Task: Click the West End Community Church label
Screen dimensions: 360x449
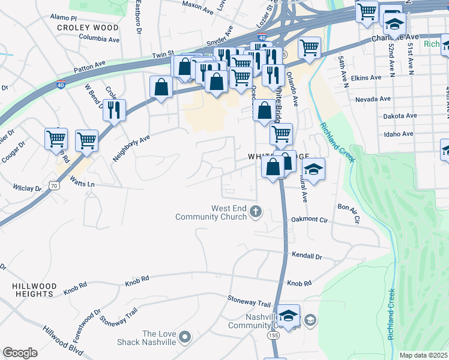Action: point(211,212)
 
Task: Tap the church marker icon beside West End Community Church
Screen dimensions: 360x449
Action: point(256,211)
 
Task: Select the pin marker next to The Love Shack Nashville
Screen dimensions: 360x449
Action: point(185,337)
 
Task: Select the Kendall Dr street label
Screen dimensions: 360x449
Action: point(307,256)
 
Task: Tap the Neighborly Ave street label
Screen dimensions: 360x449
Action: point(131,148)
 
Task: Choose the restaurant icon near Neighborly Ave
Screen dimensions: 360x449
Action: point(114,110)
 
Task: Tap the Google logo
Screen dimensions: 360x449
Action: point(20,353)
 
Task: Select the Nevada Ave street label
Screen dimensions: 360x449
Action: point(373,99)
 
